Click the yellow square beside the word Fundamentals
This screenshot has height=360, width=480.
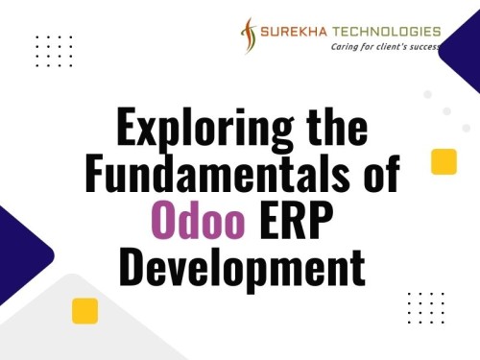tap(444, 162)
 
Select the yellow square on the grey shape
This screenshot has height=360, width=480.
tap(85, 310)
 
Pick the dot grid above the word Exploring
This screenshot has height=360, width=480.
tap(54, 51)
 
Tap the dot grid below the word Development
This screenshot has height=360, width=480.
tap(425, 308)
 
